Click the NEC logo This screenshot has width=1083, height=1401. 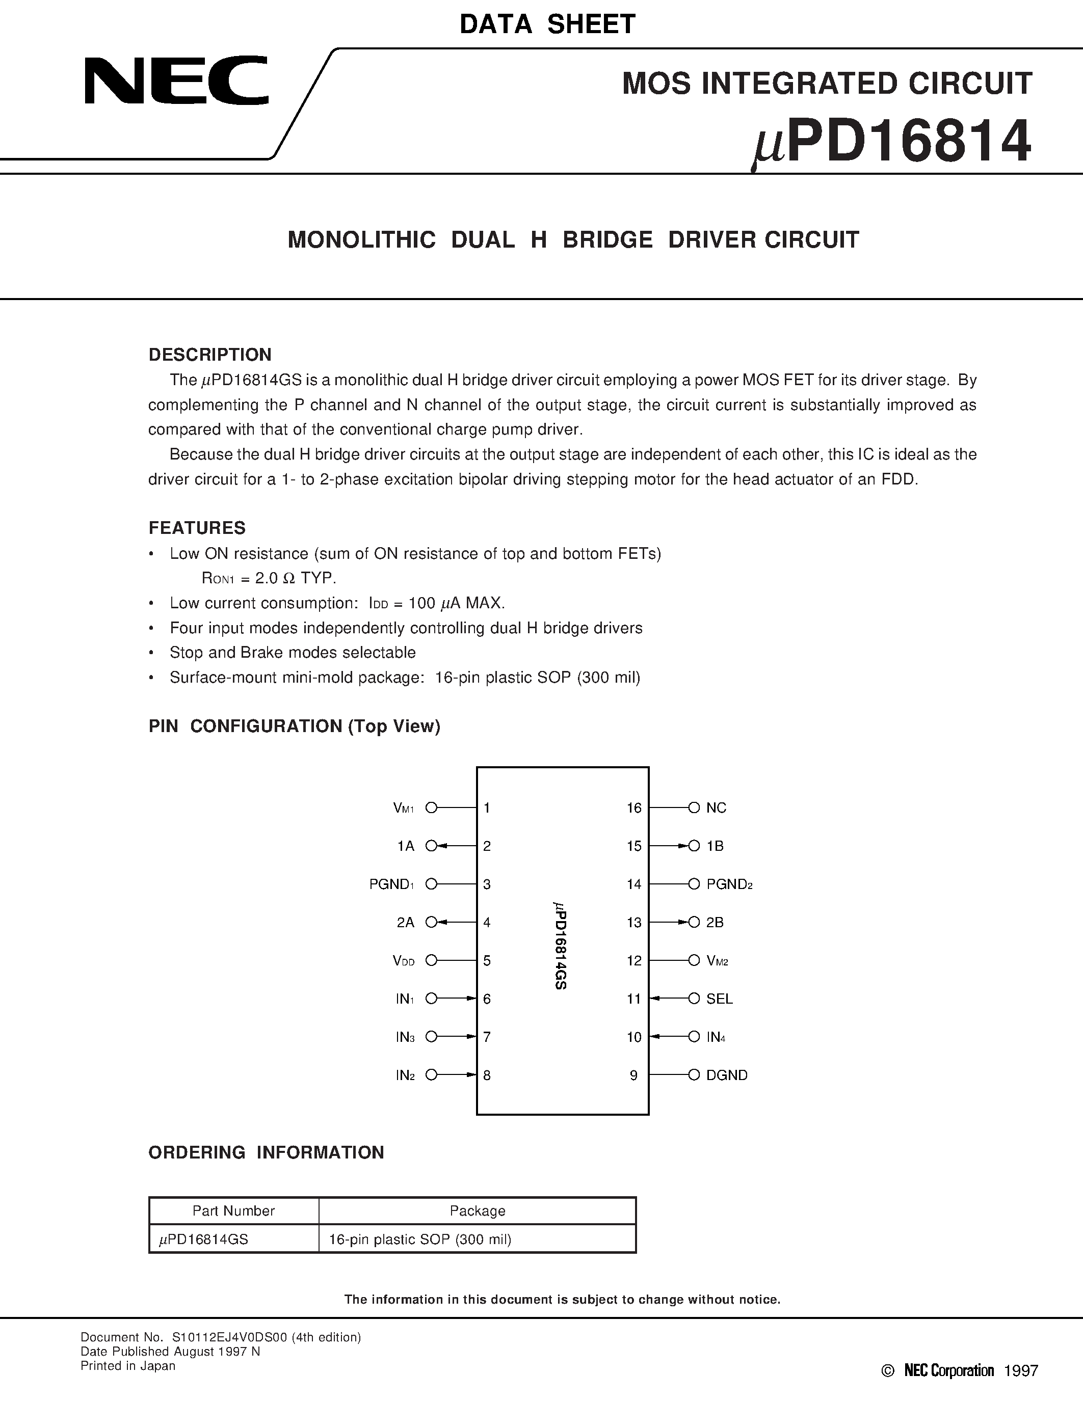(x=176, y=81)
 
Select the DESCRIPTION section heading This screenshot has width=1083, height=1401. (x=210, y=355)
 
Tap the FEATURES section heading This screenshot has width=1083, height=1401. (x=197, y=528)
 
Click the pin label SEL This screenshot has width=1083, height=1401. (x=719, y=999)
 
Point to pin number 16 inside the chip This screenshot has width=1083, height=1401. (x=634, y=809)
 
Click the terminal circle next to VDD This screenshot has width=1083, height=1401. (x=432, y=960)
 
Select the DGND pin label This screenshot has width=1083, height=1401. (x=726, y=1075)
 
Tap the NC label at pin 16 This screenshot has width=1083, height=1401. (x=716, y=809)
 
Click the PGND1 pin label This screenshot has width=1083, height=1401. (x=391, y=884)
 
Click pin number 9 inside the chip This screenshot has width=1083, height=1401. (x=634, y=1075)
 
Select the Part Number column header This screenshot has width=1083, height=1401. (x=233, y=1211)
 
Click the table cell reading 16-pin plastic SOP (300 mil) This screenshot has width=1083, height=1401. (x=419, y=1240)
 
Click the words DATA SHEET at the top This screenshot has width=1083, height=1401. (x=547, y=24)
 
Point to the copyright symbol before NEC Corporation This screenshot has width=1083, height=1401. (x=887, y=1371)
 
